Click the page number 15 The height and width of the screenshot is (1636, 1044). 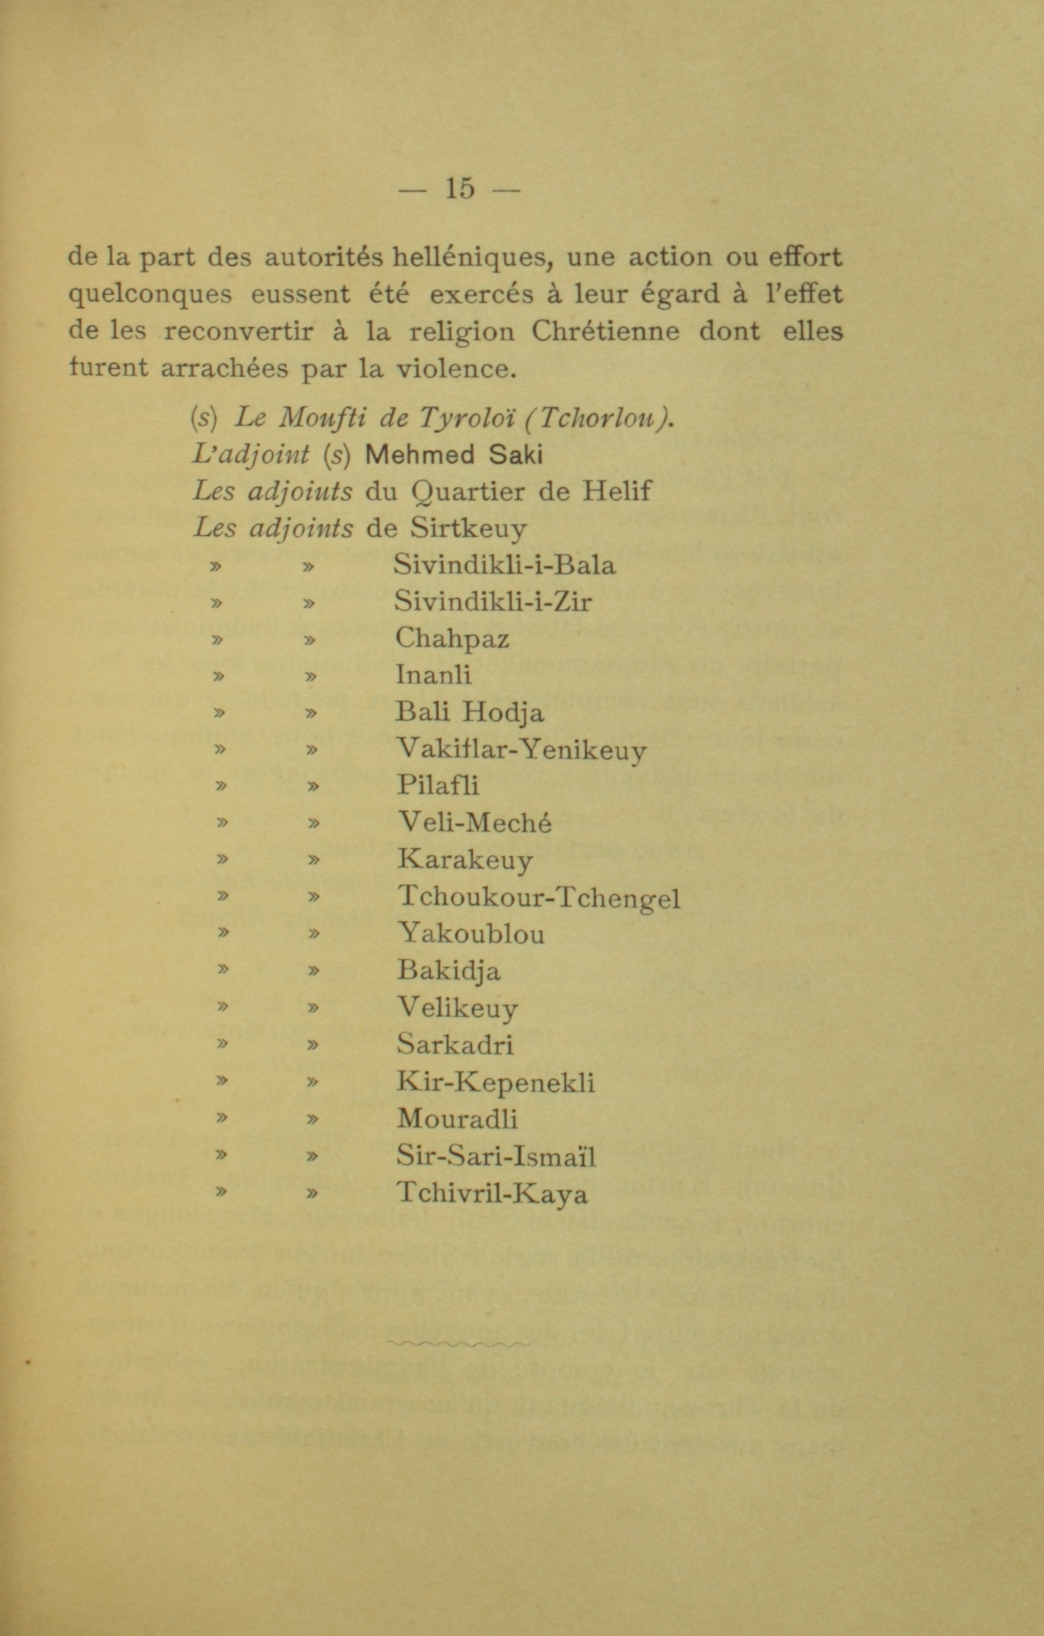pyautogui.click(x=459, y=189)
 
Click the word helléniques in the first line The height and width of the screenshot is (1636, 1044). pyautogui.click(x=469, y=257)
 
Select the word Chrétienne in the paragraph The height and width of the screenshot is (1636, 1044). pyautogui.click(x=605, y=331)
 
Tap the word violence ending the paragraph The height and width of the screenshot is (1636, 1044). pyautogui.click(x=452, y=369)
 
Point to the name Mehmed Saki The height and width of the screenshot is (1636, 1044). pyautogui.click(x=453, y=455)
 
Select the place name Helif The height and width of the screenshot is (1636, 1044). pyautogui.click(x=616, y=491)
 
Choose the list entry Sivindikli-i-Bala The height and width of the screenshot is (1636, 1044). pyautogui.click(x=505, y=565)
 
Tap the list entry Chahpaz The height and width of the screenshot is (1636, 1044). pyautogui.click(x=452, y=638)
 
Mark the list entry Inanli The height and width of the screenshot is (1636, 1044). pyautogui.click(x=433, y=675)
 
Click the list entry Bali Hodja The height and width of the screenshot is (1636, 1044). pyautogui.click(x=470, y=712)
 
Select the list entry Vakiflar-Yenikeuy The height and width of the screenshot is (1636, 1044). pyautogui.click(x=521, y=749)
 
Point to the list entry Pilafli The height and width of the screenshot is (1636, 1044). pyautogui.click(x=438, y=785)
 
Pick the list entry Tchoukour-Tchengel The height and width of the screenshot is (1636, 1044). pyautogui.click(x=539, y=898)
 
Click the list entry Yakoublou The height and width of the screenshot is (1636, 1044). pyautogui.click(x=471, y=934)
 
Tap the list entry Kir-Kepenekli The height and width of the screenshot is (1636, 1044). pyautogui.click(x=495, y=1083)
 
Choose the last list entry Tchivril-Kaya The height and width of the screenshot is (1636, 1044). pyautogui.click(x=492, y=1193)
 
